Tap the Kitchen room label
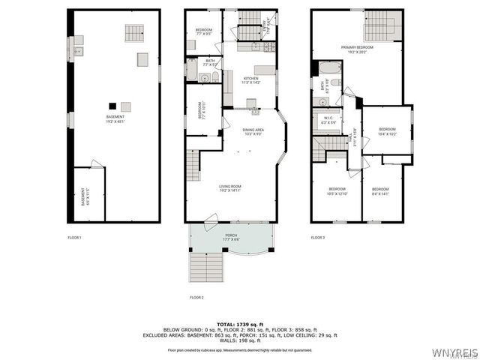pyautogui.click(x=250, y=80)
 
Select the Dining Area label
pyautogui.click(x=253, y=132)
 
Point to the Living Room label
pyautogui.click(x=229, y=189)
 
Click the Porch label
pyautogui.click(x=232, y=237)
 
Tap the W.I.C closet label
pyautogui.click(x=328, y=121)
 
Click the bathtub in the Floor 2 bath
pyautogui.click(x=191, y=73)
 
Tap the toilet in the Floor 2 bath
pyautogui.click(x=215, y=77)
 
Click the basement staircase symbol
pyautogui.click(x=133, y=33)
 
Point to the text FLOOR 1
pyautogui.click(x=74, y=238)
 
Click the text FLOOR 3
pyautogui.click(x=318, y=238)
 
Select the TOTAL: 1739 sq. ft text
pyautogui.click(x=240, y=323)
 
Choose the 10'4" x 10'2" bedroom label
pyautogui.click(x=387, y=131)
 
